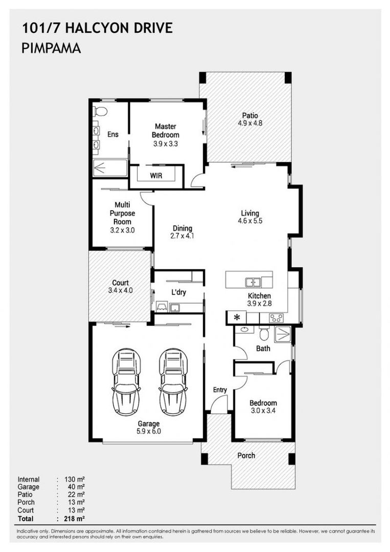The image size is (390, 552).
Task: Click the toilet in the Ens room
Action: point(100,111)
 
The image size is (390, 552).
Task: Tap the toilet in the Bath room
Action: point(264,333)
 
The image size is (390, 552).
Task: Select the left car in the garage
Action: point(126,382)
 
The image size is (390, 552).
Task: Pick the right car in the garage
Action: point(173,382)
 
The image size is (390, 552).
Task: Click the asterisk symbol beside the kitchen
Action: point(237,317)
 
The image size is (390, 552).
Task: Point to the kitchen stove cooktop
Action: point(276,318)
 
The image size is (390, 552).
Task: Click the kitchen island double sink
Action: point(253,282)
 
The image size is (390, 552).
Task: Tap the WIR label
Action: point(156,175)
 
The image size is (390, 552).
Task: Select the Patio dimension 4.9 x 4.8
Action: point(250,123)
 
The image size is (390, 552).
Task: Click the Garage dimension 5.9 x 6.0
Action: point(149,431)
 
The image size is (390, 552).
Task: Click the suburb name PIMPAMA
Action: point(52,48)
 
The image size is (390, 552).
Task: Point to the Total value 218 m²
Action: point(75,518)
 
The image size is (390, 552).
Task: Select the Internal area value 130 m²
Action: point(75,479)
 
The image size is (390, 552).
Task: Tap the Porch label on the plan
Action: point(246,455)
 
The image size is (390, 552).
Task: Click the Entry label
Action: point(220,390)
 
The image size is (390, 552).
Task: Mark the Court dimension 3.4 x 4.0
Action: point(121,291)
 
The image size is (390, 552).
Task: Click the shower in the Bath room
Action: point(283,334)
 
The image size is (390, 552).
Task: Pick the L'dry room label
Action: point(179,292)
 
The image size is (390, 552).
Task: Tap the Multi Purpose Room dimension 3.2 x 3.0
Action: point(122,231)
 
